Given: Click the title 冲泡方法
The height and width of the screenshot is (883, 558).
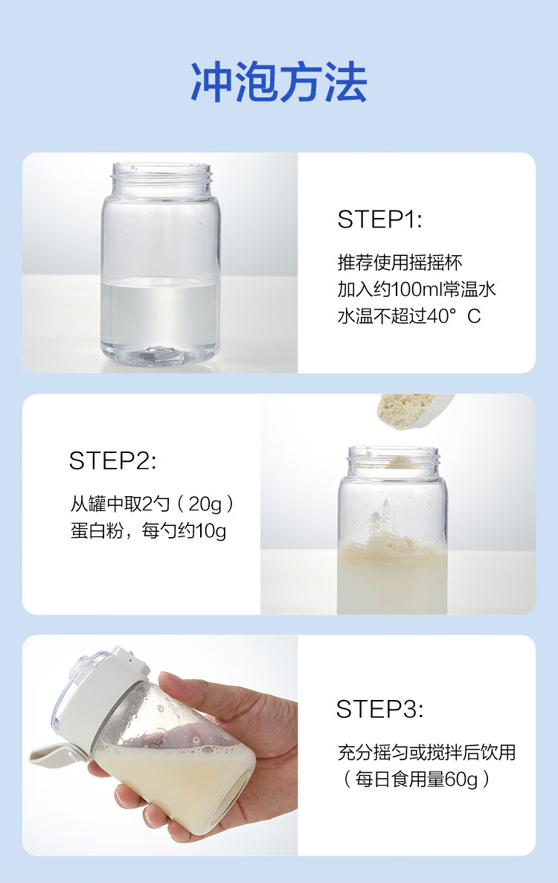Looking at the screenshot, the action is tap(279, 83).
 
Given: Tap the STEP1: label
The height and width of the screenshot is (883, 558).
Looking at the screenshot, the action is tap(379, 219).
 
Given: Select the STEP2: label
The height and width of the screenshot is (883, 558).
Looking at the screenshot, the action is tap(112, 460).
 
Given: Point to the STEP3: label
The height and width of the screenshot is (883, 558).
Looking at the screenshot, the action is tap(379, 709).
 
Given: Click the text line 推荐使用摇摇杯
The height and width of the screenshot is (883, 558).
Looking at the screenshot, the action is tap(400, 263).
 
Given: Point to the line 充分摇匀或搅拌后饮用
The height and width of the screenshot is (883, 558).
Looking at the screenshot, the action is tap(426, 752).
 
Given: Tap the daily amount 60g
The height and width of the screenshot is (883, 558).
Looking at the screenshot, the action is tap(461, 780).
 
